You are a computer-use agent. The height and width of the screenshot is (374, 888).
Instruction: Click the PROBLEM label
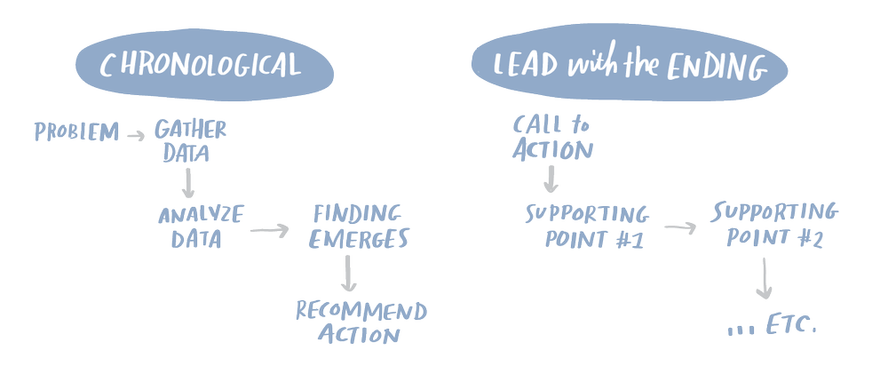click(x=76, y=134)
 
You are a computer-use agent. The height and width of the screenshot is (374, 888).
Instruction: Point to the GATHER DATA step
click(x=190, y=140)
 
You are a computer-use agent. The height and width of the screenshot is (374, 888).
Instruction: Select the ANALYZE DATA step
click(x=201, y=227)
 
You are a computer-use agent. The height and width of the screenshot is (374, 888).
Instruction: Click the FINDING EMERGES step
click(x=361, y=227)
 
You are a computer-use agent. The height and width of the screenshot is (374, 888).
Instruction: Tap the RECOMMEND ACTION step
click(x=361, y=322)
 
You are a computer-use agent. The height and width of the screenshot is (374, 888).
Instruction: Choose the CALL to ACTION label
click(x=551, y=138)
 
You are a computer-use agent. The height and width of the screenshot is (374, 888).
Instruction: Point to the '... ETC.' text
click(x=770, y=329)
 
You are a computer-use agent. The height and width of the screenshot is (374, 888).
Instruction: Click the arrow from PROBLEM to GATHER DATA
click(x=136, y=135)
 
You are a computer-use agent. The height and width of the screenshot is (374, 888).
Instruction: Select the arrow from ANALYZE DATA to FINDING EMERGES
click(x=270, y=230)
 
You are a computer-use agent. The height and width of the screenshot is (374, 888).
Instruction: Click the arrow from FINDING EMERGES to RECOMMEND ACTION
click(x=349, y=275)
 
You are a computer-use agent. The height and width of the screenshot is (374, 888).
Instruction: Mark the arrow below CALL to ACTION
click(x=551, y=180)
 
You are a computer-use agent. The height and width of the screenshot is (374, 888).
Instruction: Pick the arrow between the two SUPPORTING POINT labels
click(x=679, y=227)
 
